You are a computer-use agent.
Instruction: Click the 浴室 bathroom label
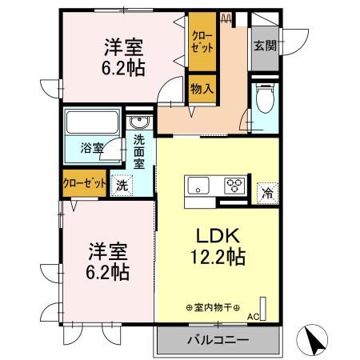91,148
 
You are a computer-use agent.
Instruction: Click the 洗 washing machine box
122,184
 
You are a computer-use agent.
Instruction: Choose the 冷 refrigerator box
266,192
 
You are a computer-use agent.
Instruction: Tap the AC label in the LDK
253,317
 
